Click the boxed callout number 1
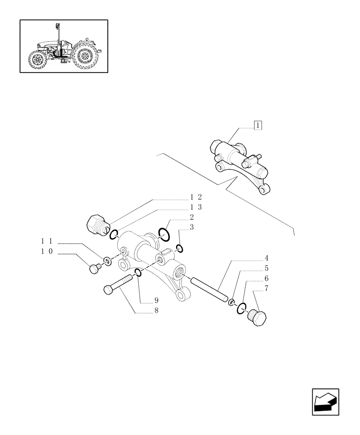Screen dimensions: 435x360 (258, 126)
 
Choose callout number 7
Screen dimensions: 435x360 (266, 288)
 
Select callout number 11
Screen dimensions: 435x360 (47, 241)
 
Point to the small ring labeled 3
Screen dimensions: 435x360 (180, 248)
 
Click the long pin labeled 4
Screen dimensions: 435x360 (208, 288)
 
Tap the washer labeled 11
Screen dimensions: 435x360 (106, 262)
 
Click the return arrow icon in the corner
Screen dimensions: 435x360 (325, 402)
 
